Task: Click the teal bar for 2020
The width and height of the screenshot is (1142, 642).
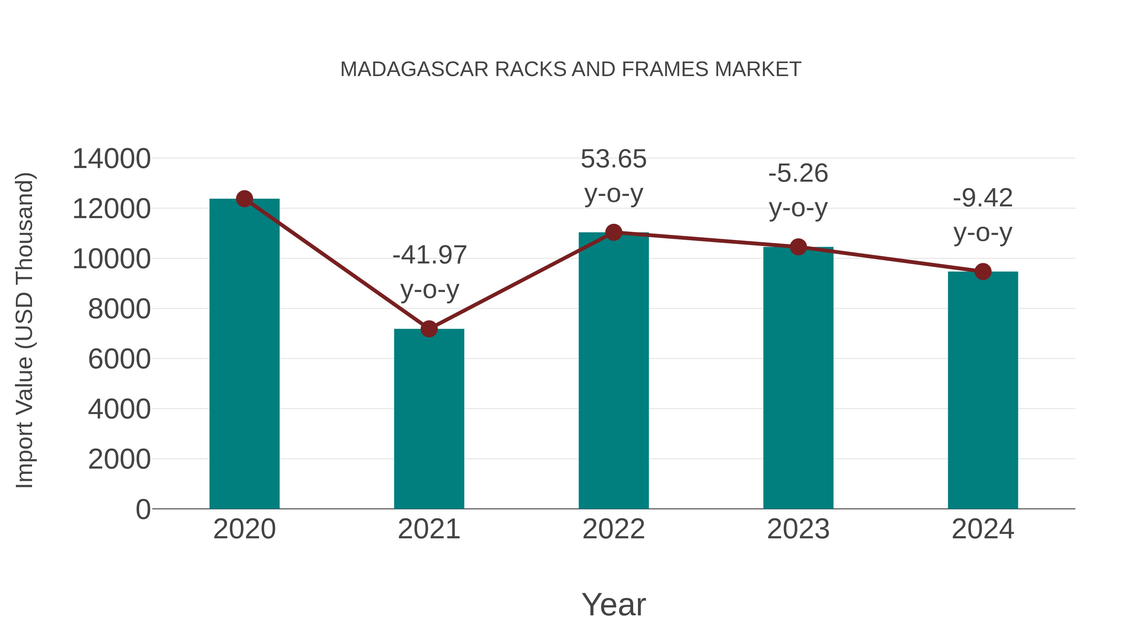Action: tap(244, 354)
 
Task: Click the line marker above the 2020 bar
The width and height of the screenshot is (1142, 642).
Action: tap(244, 199)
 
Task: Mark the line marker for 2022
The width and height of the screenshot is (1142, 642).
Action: tap(614, 232)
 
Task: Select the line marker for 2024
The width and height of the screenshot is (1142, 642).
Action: tap(983, 272)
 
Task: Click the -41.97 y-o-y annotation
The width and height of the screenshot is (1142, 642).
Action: tap(430, 272)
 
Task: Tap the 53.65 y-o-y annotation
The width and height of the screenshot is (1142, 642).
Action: tap(614, 176)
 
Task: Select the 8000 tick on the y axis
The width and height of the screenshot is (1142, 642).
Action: tap(119, 309)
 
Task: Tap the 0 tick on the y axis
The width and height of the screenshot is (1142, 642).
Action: tap(143, 509)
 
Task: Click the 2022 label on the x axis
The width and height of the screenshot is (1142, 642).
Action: tap(614, 529)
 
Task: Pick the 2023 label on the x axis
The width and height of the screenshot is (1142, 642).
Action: tap(798, 529)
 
